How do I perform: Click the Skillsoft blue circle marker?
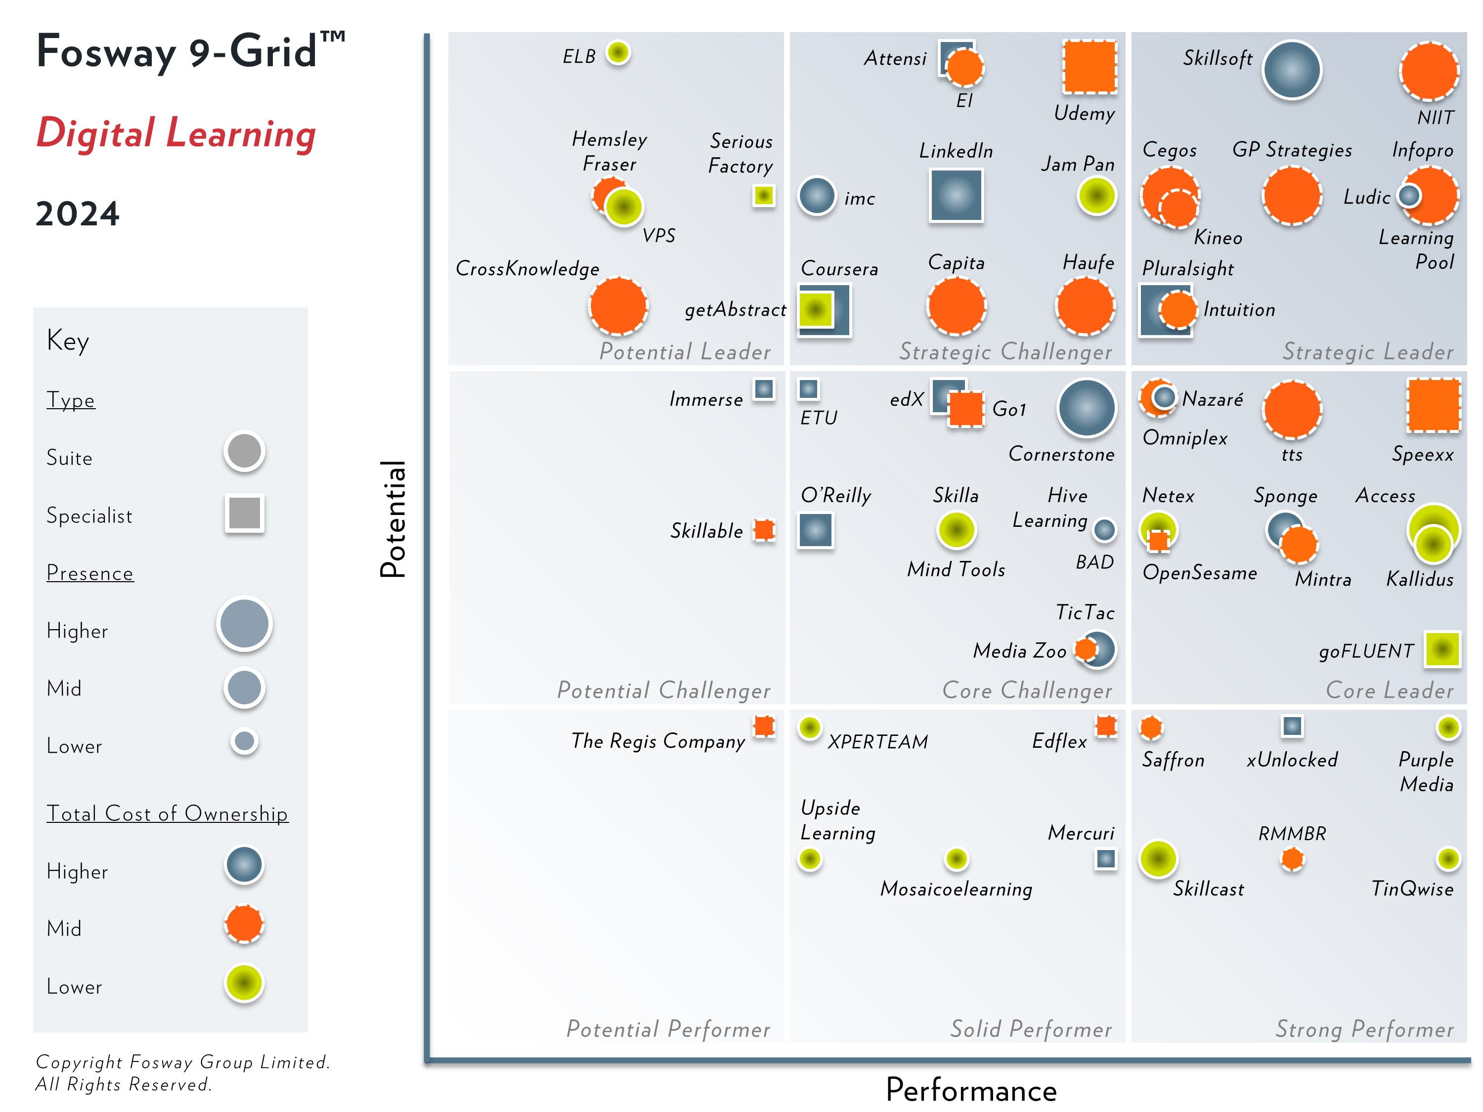(1291, 70)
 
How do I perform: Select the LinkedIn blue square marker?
(956, 195)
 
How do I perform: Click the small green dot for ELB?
(618, 52)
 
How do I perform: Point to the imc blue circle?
(817, 196)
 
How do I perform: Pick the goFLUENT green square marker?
(1442, 649)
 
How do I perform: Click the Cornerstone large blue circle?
(1086, 408)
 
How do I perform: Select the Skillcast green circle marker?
(1158, 858)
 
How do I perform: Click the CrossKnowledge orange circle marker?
(618, 305)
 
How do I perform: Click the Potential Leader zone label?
(685, 351)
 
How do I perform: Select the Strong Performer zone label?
(1364, 1029)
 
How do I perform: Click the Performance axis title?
(971, 1090)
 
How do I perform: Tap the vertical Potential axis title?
(393, 519)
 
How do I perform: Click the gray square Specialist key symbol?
(245, 513)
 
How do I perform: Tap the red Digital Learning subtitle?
(175, 133)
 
